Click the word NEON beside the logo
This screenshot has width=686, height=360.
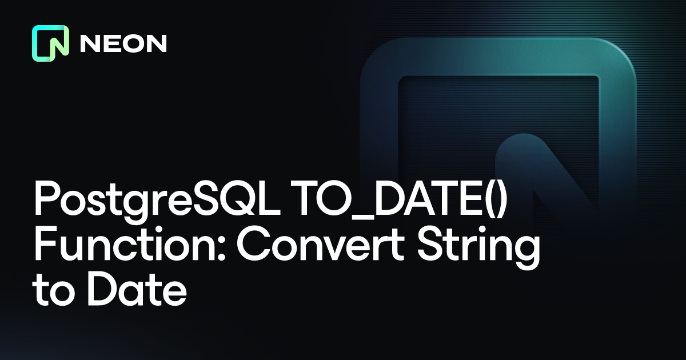[123, 43]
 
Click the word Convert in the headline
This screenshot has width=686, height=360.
[320, 245]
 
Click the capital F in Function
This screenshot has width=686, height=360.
[46, 245]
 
